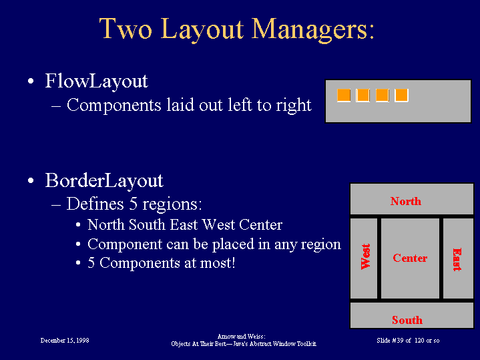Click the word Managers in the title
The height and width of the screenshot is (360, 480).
tap(313, 29)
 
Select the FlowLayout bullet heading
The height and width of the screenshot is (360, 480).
tap(96, 81)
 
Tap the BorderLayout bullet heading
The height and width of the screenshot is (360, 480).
tap(104, 181)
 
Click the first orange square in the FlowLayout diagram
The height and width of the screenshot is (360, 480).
tap(344, 96)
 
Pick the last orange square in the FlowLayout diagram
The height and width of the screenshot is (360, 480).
tap(401, 96)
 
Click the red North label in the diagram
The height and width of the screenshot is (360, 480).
tap(406, 201)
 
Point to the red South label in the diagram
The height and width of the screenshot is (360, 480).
tap(407, 320)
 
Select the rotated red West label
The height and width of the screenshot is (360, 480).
tap(366, 256)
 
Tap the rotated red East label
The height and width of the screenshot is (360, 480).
tap(457, 260)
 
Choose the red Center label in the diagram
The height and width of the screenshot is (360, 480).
tap(410, 258)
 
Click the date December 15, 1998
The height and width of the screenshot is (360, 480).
tap(65, 341)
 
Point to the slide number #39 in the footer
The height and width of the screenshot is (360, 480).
tap(398, 341)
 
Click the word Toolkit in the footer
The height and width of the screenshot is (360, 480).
tap(306, 344)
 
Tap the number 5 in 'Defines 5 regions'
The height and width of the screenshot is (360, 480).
tap(133, 204)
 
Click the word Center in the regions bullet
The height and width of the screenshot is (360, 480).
tap(260, 225)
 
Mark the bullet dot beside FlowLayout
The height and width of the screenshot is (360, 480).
tap(31, 81)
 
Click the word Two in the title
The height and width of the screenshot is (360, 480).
tap(126, 29)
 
